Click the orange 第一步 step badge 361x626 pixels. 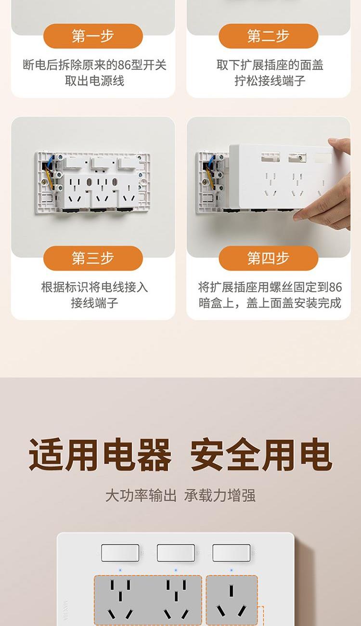click(93, 36)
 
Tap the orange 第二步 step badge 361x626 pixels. click(268, 36)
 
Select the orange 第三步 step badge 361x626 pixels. click(93, 258)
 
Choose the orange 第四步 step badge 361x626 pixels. click(268, 258)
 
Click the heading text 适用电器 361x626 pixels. click(100, 454)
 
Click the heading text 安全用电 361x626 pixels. click(261, 454)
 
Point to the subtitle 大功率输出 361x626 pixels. click(141, 496)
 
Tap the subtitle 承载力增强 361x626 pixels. click(220, 496)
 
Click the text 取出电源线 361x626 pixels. click(94, 81)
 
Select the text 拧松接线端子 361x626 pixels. click(270, 81)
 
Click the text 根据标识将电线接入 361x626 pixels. click(94, 287)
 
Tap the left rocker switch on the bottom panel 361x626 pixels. click(120, 552)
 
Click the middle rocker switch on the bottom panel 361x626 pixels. click(176, 552)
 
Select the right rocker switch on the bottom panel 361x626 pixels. click(232, 552)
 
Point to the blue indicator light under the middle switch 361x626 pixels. click(176, 570)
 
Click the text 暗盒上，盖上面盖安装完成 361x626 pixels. click(270, 303)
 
